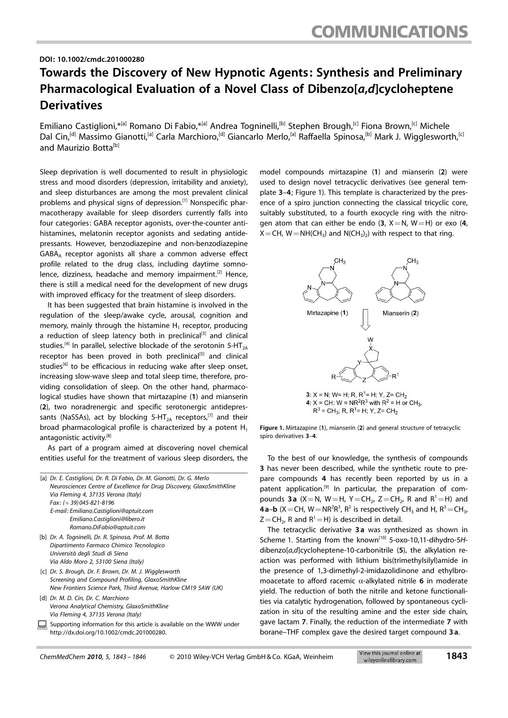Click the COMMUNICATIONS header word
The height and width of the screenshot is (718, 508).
pyautogui.click(x=389, y=32)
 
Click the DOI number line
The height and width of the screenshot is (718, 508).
pyautogui.click(x=92, y=59)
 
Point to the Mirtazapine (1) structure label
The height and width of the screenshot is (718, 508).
pyautogui.click(x=327, y=313)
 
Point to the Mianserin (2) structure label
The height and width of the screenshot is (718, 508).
pyautogui.click(x=400, y=313)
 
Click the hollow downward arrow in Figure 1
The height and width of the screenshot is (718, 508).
pyautogui.click(x=366, y=320)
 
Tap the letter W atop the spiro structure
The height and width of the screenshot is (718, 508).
pyautogui.click(x=370, y=340)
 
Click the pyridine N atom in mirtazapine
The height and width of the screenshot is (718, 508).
pyautogui.click(x=309, y=287)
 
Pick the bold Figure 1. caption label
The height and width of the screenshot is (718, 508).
pyautogui.click(x=272, y=428)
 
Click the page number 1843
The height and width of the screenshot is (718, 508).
pyautogui.click(x=456, y=656)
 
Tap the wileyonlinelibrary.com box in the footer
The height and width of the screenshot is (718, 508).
pyautogui.click(x=389, y=657)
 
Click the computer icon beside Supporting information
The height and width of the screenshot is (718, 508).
pyautogui.click(x=42, y=625)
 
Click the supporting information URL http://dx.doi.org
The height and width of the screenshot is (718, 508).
pyautogui.click(x=108, y=632)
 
